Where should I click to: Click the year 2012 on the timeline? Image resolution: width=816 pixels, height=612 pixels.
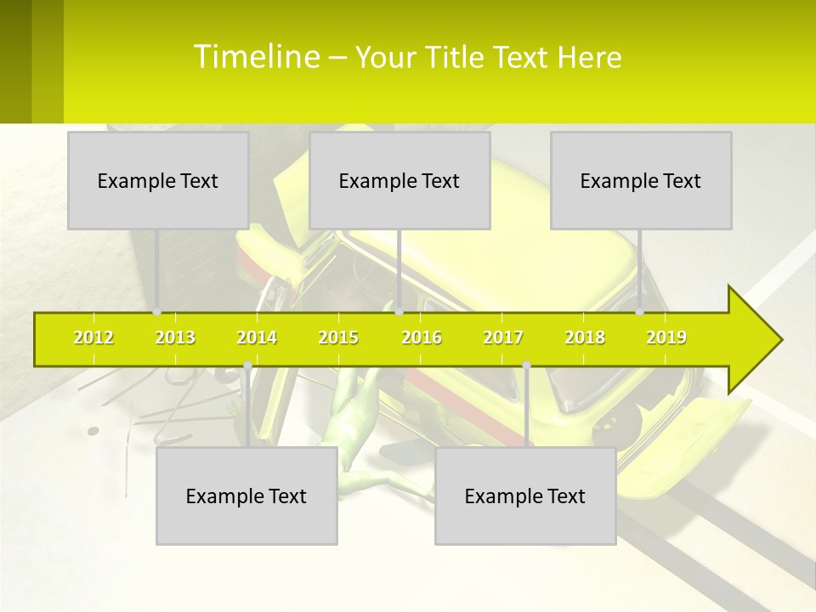tap(93, 338)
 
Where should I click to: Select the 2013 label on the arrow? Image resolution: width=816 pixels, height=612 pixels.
tap(175, 338)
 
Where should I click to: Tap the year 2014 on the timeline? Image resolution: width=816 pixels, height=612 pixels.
tap(257, 338)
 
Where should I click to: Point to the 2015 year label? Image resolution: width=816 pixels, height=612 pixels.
tap(338, 338)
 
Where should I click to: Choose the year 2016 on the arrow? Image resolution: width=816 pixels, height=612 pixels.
tap(422, 338)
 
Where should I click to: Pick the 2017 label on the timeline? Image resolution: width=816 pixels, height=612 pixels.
tap(503, 338)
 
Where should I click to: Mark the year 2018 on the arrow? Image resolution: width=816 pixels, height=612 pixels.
tap(585, 338)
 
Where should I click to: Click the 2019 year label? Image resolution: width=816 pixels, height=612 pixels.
tap(666, 338)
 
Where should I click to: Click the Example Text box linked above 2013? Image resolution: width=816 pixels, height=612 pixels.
tap(158, 180)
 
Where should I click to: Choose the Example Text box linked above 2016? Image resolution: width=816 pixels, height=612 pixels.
tap(399, 180)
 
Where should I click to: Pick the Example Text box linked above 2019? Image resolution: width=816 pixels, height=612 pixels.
tap(641, 180)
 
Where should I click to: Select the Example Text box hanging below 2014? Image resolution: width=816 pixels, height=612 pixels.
tap(246, 496)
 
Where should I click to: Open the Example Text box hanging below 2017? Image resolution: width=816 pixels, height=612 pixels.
tap(525, 496)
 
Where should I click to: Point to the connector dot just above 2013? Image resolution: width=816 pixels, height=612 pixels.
tap(157, 312)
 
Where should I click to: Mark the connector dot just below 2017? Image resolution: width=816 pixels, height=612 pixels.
tap(526, 365)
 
